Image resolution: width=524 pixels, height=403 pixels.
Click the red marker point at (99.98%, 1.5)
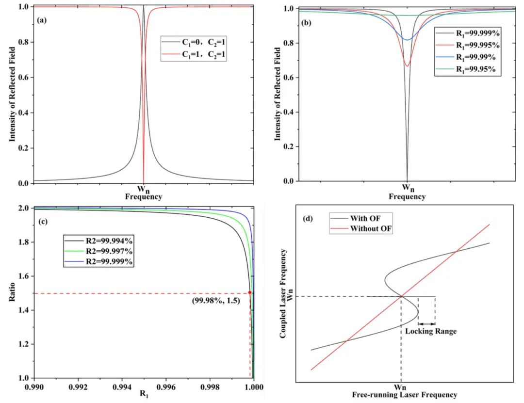coord(250,292)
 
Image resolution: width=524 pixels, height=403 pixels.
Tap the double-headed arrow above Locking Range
coord(426,323)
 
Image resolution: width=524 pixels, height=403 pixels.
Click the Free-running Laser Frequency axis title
coord(405,395)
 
